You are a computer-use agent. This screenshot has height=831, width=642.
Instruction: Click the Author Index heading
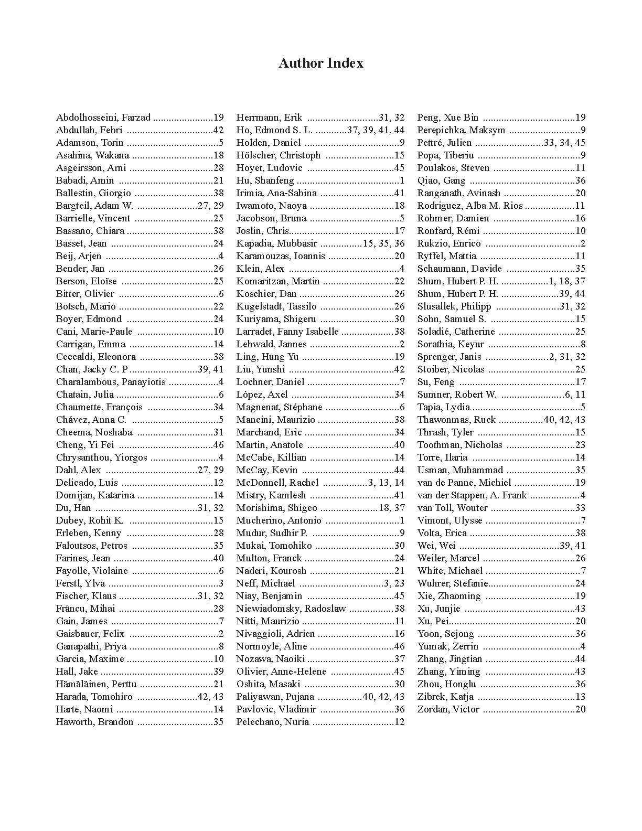click(320, 63)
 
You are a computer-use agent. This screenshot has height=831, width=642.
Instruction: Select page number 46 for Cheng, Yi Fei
click(218, 445)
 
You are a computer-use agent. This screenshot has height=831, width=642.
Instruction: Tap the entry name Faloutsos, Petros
click(92, 546)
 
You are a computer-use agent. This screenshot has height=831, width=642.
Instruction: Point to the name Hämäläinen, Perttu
click(96, 684)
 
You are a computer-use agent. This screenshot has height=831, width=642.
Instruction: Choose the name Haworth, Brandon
click(95, 722)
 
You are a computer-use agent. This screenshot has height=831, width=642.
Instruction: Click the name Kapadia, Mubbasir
click(276, 243)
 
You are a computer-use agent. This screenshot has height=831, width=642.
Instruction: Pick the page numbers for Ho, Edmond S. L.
click(376, 130)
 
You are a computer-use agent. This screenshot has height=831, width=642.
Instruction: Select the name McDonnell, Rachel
click(277, 483)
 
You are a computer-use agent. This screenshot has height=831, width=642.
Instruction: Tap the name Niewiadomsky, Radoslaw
click(291, 609)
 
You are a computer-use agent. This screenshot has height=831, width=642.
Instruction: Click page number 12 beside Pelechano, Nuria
click(399, 722)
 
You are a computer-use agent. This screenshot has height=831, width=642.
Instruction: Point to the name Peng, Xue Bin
click(448, 118)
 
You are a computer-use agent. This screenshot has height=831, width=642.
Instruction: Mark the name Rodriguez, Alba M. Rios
click(470, 206)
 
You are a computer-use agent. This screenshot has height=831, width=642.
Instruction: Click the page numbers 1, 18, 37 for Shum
click(566, 281)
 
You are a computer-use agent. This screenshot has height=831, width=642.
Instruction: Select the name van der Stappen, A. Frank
click(472, 495)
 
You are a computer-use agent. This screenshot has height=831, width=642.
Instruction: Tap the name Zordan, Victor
click(448, 709)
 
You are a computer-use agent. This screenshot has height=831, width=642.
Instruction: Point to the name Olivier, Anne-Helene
click(281, 672)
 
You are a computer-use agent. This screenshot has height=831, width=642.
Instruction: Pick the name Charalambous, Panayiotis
click(111, 382)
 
